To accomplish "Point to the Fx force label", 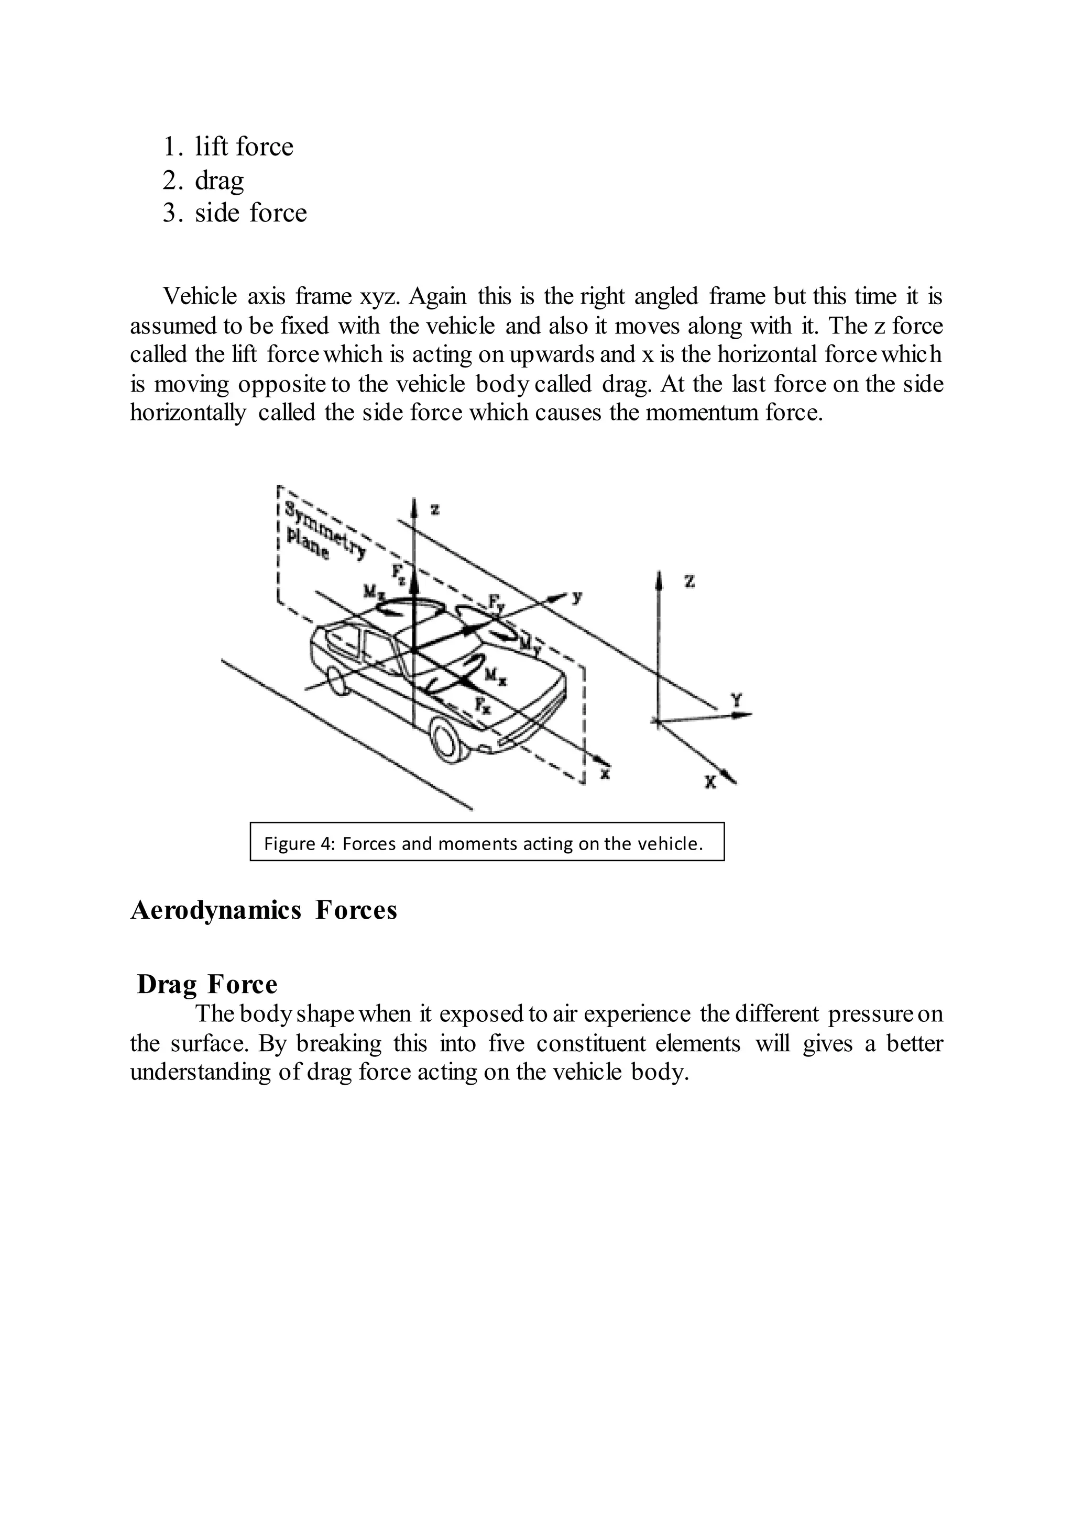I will tap(483, 705).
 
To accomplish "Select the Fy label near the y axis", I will tap(496, 601).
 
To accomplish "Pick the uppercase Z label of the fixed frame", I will tap(689, 582).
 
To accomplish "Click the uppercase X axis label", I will tap(710, 783).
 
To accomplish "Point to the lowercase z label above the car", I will tap(435, 509).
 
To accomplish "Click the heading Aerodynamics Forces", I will tap(264, 910).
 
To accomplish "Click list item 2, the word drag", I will tap(220, 180).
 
